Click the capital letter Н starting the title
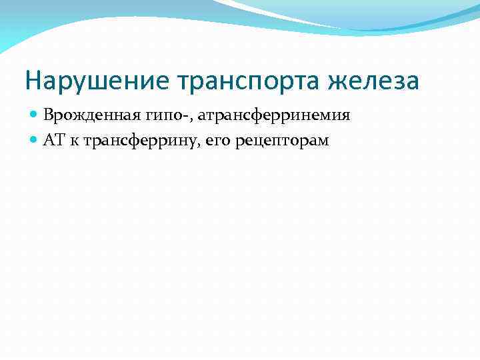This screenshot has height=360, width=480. coord(33,81)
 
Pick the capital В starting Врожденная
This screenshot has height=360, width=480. coord(48,115)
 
